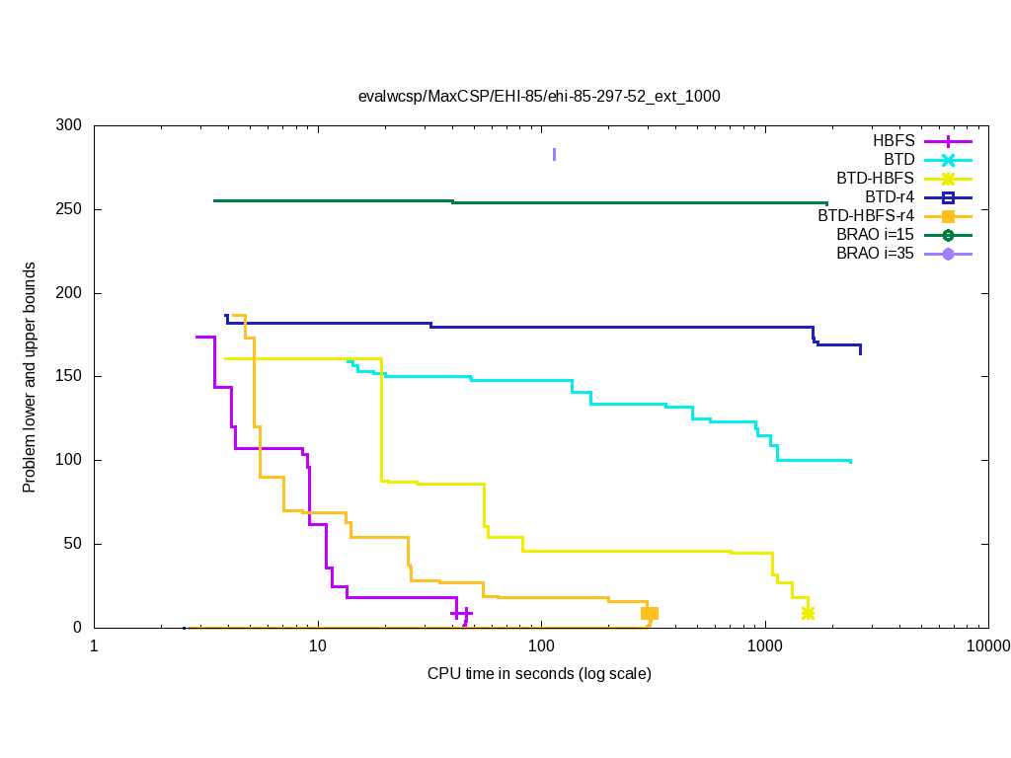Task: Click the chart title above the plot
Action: pyautogui.click(x=539, y=97)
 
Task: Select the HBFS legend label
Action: pyautogui.click(x=894, y=141)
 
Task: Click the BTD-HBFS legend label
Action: pyautogui.click(x=876, y=179)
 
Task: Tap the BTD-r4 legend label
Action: pyautogui.click(x=887, y=197)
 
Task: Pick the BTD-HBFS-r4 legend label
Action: pyautogui.click(x=866, y=216)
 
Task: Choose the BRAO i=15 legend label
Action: pyautogui.click(x=875, y=235)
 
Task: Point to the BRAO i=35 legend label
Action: pyautogui.click(x=875, y=254)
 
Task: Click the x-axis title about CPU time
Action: pyautogui.click(x=539, y=674)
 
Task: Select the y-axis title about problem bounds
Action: pyautogui.click(x=31, y=377)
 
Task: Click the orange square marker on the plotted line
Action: pyautogui.click(x=650, y=614)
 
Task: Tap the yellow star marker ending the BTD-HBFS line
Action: pyautogui.click(x=808, y=614)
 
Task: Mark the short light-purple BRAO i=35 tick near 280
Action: pyautogui.click(x=554, y=154)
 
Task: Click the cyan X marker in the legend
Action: pyautogui.click(x=948, y=160)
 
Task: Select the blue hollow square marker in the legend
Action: pyautogui.click(x=948, y=197)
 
